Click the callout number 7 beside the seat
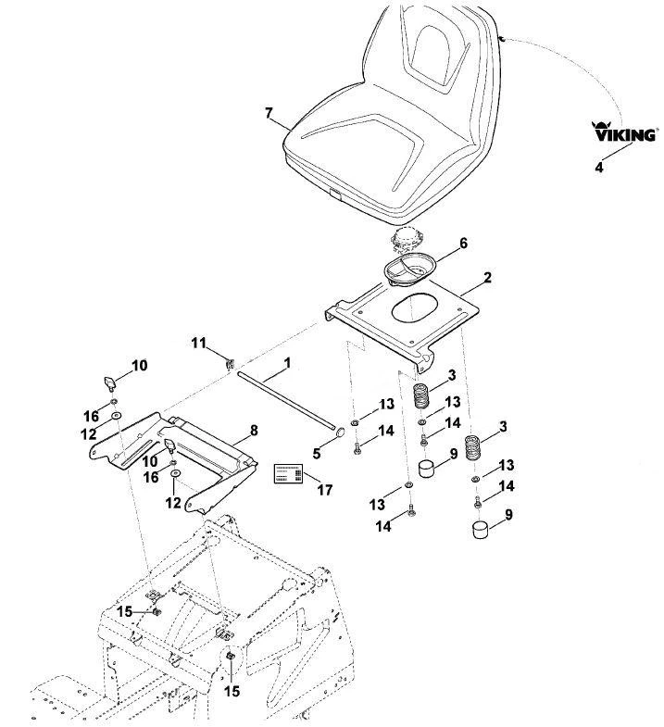click(269, 113)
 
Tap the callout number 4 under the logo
click(599, 168)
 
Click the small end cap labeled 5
click(340, 433)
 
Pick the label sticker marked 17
click(288, 473)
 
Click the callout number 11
click(198, 344)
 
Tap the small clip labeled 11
click(230, 363)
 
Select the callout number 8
click(254, 431)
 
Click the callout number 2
click(487, 278)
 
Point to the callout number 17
click(324, 490)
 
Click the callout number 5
click(316, 454)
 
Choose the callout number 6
click(463, 244)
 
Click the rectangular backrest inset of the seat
click(437, 54)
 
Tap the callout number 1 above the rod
click(287, 363)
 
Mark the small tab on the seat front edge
click(334, 194)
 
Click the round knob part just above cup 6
click(407, 241)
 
